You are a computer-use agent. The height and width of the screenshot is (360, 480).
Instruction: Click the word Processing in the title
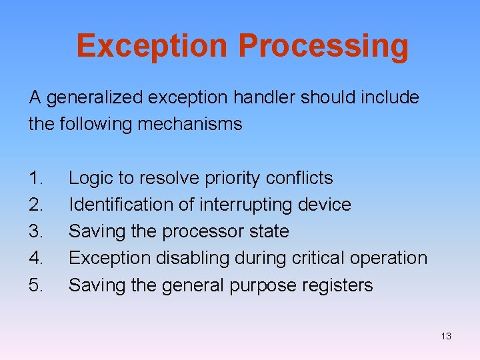coord(323,47)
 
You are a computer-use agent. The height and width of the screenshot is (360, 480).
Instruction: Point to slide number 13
coord(446,336)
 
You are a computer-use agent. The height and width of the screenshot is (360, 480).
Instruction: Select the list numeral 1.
coord(36,178)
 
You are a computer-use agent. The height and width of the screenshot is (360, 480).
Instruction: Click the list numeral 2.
coord(36,205)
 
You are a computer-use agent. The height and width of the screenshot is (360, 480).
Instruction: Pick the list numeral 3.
coord(36,231)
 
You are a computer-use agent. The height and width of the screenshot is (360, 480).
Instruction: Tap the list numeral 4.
coord(36,258)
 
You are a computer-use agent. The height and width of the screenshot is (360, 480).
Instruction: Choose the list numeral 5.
coord(36,285)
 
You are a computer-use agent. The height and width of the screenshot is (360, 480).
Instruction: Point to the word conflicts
coord(299,178)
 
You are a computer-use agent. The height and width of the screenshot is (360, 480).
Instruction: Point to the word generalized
coord(94,98)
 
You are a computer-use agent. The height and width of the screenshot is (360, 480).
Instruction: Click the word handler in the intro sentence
coord(262,97)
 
